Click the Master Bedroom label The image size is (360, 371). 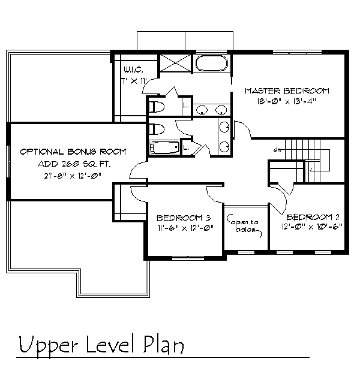(287, 91)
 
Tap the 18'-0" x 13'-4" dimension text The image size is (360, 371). (287, 101)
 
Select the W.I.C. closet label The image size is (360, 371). (133, 70)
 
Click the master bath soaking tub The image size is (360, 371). (212, 63)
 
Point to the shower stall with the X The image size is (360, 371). (175, 63)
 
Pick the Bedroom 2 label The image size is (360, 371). (313, 217)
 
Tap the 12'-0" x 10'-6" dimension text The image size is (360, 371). (312, 227)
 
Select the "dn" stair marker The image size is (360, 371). (276, 150)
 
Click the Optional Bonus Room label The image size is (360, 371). (73, 152)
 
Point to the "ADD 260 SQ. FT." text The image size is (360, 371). (74, 164)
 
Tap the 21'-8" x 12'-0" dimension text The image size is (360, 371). (73, 176)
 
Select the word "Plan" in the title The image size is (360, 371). (163, 345)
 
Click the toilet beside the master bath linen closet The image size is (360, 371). (157, 107)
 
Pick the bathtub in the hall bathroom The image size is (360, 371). (164, 147)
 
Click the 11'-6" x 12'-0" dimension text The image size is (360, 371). (186, 228)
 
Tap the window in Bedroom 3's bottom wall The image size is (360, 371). (188, 258)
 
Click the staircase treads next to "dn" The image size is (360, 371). (302, 161)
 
